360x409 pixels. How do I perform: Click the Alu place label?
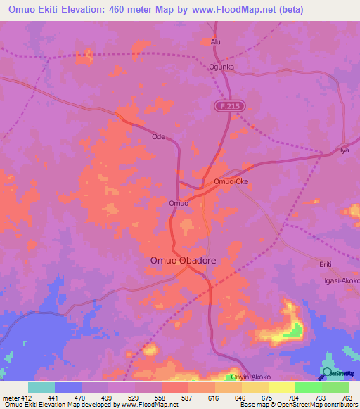point(216,42)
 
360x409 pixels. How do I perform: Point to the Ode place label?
point(158,137)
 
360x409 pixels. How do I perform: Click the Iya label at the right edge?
point(345,151)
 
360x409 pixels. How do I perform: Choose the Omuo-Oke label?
point(231,181)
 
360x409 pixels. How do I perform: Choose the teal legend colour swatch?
point(41,387)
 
